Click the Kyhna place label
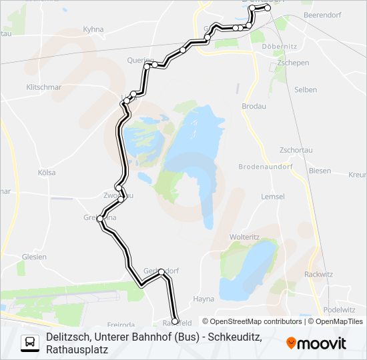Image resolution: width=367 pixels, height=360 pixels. [93, 29]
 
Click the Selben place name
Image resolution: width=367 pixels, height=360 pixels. [305, 89]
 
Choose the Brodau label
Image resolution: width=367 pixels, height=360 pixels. [254, 106]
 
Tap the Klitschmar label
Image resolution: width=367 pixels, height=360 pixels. [44, 87]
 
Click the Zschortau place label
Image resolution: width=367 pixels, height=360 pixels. [296, 150]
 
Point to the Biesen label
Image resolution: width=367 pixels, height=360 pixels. [320, 171]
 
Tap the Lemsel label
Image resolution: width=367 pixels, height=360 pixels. [274, 197]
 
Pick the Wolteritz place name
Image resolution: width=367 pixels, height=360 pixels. [244, 237]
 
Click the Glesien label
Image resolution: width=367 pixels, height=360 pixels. [33, 257]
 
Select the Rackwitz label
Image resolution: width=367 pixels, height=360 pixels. [318, 274]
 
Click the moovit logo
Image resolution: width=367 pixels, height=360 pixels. [316, 343]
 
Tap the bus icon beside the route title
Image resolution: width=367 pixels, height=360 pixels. [30, 343]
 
